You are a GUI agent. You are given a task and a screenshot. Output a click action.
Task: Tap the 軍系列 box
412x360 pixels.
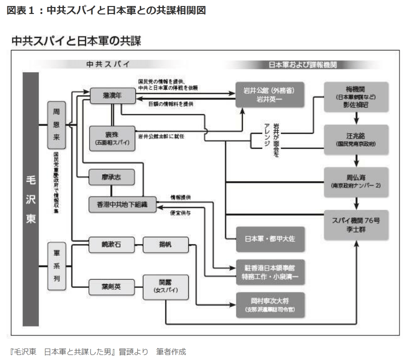click(56, 266)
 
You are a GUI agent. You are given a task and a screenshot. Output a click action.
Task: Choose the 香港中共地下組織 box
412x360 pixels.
click(122, 203)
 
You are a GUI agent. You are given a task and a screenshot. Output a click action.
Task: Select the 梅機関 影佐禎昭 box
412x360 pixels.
click(356, 96)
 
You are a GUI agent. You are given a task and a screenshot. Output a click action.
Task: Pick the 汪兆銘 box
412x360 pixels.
click(356, 139)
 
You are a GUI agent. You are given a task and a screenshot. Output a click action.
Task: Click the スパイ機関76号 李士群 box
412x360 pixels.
click(356, 224)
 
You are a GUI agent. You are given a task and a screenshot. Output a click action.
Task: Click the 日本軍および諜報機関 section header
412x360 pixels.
click(300, 65)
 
